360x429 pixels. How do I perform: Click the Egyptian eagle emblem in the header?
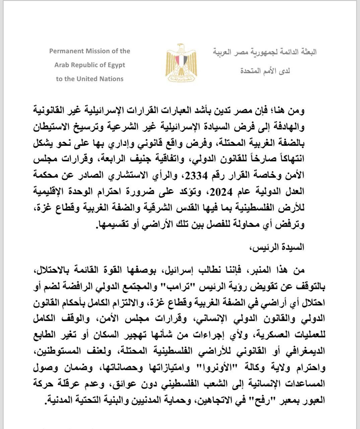tap(181, 63)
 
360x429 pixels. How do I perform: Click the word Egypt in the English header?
tap(116, 65)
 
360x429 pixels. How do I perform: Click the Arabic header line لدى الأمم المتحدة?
tap(265, 71)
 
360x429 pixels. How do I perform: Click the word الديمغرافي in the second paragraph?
tap(307, 352)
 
